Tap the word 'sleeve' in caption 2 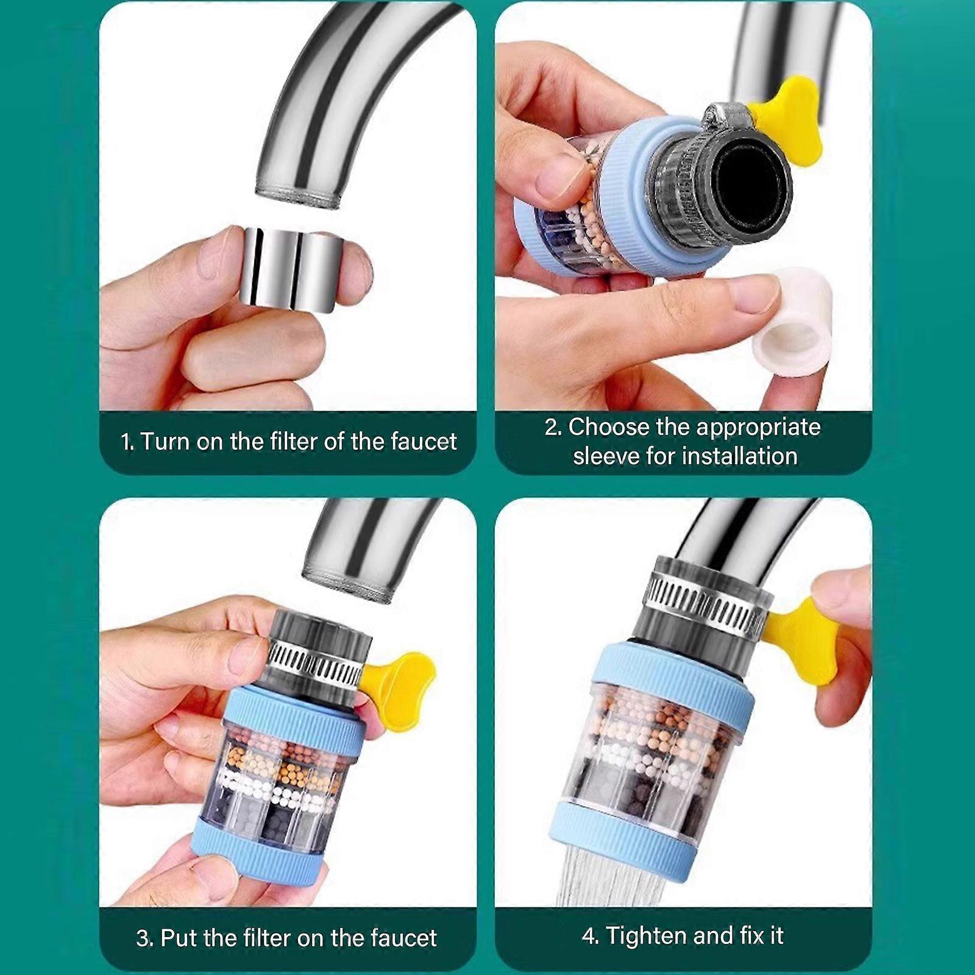coord(604,456)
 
